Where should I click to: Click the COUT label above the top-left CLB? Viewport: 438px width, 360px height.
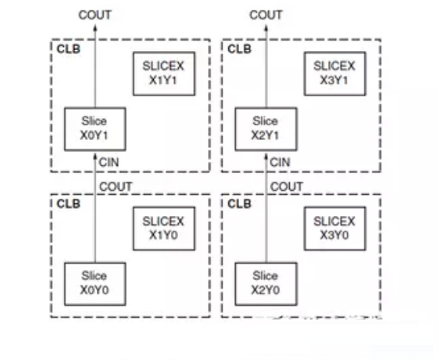coord(95,15)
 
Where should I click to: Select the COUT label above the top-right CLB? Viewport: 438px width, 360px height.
coord(266,15)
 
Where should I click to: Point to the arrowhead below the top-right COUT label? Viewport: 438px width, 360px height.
coord(266,28)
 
